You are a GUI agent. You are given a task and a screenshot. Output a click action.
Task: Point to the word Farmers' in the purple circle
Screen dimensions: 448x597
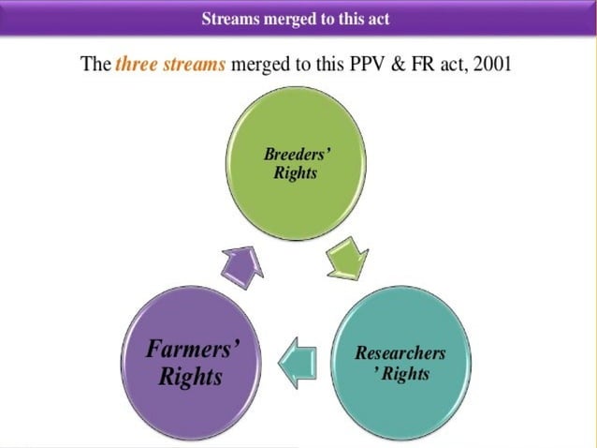193,350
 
